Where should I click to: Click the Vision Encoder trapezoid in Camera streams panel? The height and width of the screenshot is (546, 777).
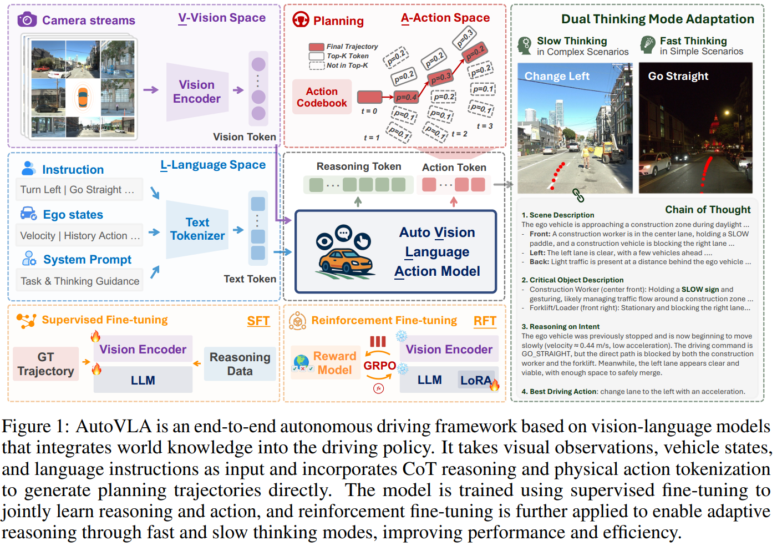pyautogui.click(x=197, y=92)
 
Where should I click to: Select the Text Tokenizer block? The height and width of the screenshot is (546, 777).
pyautogui.click(x=197, y=229)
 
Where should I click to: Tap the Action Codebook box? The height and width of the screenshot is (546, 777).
pyautogui.click(x=322, y=97)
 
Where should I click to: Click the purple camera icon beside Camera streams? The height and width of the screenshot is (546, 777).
pyautogui.click(x=27, y=20)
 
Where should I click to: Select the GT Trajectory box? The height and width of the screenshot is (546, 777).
pyautogui.click(x=45, y=364)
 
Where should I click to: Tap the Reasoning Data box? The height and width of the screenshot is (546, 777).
pyautogui.click(x=240, y=364)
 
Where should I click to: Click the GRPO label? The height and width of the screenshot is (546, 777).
pyautogui.click(x=379, y=366)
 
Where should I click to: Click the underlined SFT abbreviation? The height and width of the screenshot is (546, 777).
pyautogui.click(x=258, y=321)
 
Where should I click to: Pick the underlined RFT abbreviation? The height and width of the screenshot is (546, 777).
pyautogui.click(x=485, y=321)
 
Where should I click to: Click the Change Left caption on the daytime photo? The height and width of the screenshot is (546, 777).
pyautogui.click(x=557, y=76)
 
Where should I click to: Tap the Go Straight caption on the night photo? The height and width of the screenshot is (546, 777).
pyautogui.click(x=678, y=76)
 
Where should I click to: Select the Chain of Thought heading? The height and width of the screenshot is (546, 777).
pyautogui.click(x=708, y=209)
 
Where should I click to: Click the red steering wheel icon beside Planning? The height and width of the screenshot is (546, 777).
pyautogui.click(x=301, y=20)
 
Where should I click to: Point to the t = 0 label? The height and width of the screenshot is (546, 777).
pyautogui.click(x=369, y=111)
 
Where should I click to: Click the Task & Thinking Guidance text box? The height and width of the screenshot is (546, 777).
pyautogui.click(x=80, y=281)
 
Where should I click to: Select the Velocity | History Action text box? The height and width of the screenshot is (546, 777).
pyautogui.click(x=80, y=235)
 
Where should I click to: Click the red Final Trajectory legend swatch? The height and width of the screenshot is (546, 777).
pyautogui.click(x=316, y=47)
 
